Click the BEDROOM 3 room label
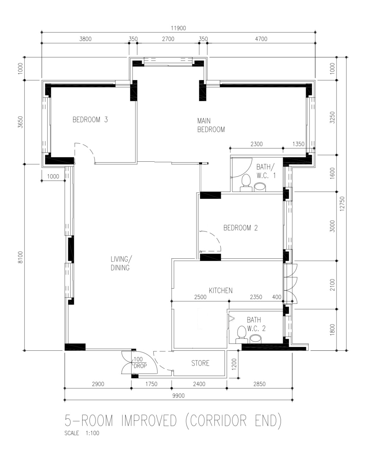(x=90, y=120)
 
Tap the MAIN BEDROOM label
(x=211, y=125)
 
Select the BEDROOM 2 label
(x=241, y=228)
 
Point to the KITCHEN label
(x=221, y=290)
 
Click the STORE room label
(x=200, y=363)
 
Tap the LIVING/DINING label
(x=120, y=263)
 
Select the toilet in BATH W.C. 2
(x=241, y=334)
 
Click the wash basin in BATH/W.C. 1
(x=260, y=187)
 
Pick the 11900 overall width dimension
(x=178, y=28)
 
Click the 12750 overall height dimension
(x=343, y=204)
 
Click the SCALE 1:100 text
(x=82, y=433)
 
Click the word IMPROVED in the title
(x=149, y=421)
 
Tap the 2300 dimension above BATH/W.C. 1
(x=256, y=144)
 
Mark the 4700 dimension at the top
(x=261, y=39)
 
